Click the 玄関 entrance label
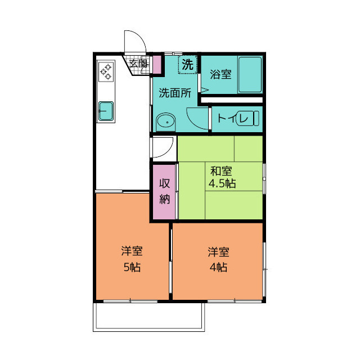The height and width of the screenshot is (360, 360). pos(138,64)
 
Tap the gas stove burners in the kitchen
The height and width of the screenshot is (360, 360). pos(106,71)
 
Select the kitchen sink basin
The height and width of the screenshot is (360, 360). pos(106,111)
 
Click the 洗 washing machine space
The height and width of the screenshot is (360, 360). pos(187,64)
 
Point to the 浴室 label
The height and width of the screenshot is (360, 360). pos(220,74)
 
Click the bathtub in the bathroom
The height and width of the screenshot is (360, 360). pos(250,74)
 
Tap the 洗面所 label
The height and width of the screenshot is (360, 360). pos(175,93)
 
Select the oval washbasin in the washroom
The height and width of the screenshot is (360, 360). pos(165,121)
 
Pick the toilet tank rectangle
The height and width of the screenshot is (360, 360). pos(256,119)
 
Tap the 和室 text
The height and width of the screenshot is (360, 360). pos(221,171)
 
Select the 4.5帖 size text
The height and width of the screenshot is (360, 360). pos(222,183)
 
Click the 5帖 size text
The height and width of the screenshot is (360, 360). pos(132,267)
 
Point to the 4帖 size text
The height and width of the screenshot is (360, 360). pos(218,267)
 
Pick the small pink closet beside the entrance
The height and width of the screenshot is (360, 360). pos(157,65)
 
